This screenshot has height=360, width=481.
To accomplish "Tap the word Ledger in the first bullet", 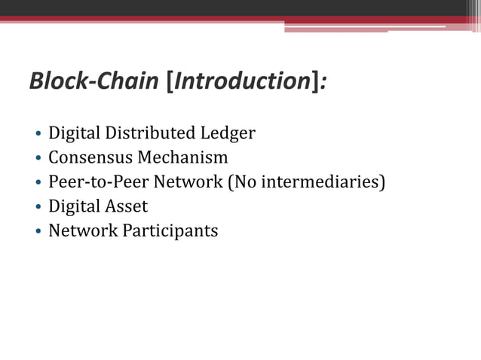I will (x=228, y=134).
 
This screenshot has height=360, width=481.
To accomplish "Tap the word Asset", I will (x=125, y=206).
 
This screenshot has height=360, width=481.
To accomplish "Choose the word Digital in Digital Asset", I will (x=72, y=206).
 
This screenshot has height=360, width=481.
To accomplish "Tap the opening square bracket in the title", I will (x=169, y=81).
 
